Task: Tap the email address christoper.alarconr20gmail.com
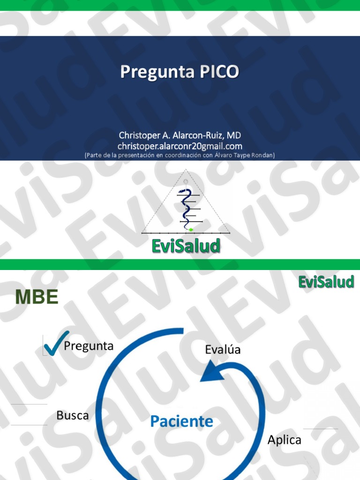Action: [x=180, y=146]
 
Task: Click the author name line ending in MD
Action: [x=180, y=135]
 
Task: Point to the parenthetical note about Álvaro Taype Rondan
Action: [x=180, y=155]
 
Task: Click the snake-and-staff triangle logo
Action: [x=186, y=204]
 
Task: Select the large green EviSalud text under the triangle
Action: [x=186, y=246]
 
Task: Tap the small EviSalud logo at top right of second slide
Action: [x=326, y=282]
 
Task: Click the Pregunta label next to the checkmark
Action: [x=89, y=346]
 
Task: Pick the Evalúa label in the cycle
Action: [x=223, y=350]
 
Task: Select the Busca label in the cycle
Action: [x=72, y=415]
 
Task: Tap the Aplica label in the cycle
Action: [x=284, y=440]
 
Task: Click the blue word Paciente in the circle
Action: [x=181, y=421]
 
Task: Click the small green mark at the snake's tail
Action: [x=191, y=229]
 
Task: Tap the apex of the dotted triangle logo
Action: [x=186, y=170]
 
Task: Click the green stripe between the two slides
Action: [x=180, y=264]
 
